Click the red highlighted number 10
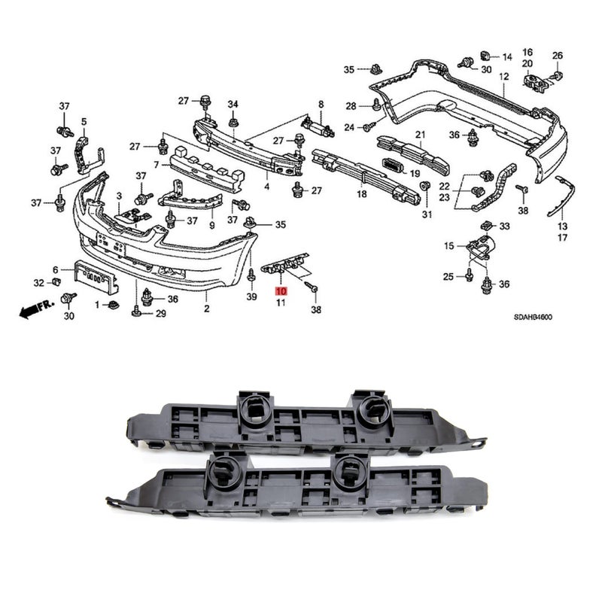[x=281, y=291]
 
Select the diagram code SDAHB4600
[x=534, y=317]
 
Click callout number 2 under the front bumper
[x=206, y=309]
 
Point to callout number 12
[x=503, y=77]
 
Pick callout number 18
[x=362, y=194]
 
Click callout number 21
[x=421, y=135]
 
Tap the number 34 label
[x=233, y=104]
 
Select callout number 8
[x=321, y=104]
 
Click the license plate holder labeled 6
[x=96, y=275]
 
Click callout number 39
[x=251, y=296]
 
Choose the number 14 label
[x=507, y=57]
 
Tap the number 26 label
[x=558, y=56]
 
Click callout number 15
[x=448, y=246]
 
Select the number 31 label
[x=427, y=214]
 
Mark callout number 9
[x=212, y=226]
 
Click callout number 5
[x=84, y=122]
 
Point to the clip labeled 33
[x=487, y=224]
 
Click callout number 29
[x=160, y=314]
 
